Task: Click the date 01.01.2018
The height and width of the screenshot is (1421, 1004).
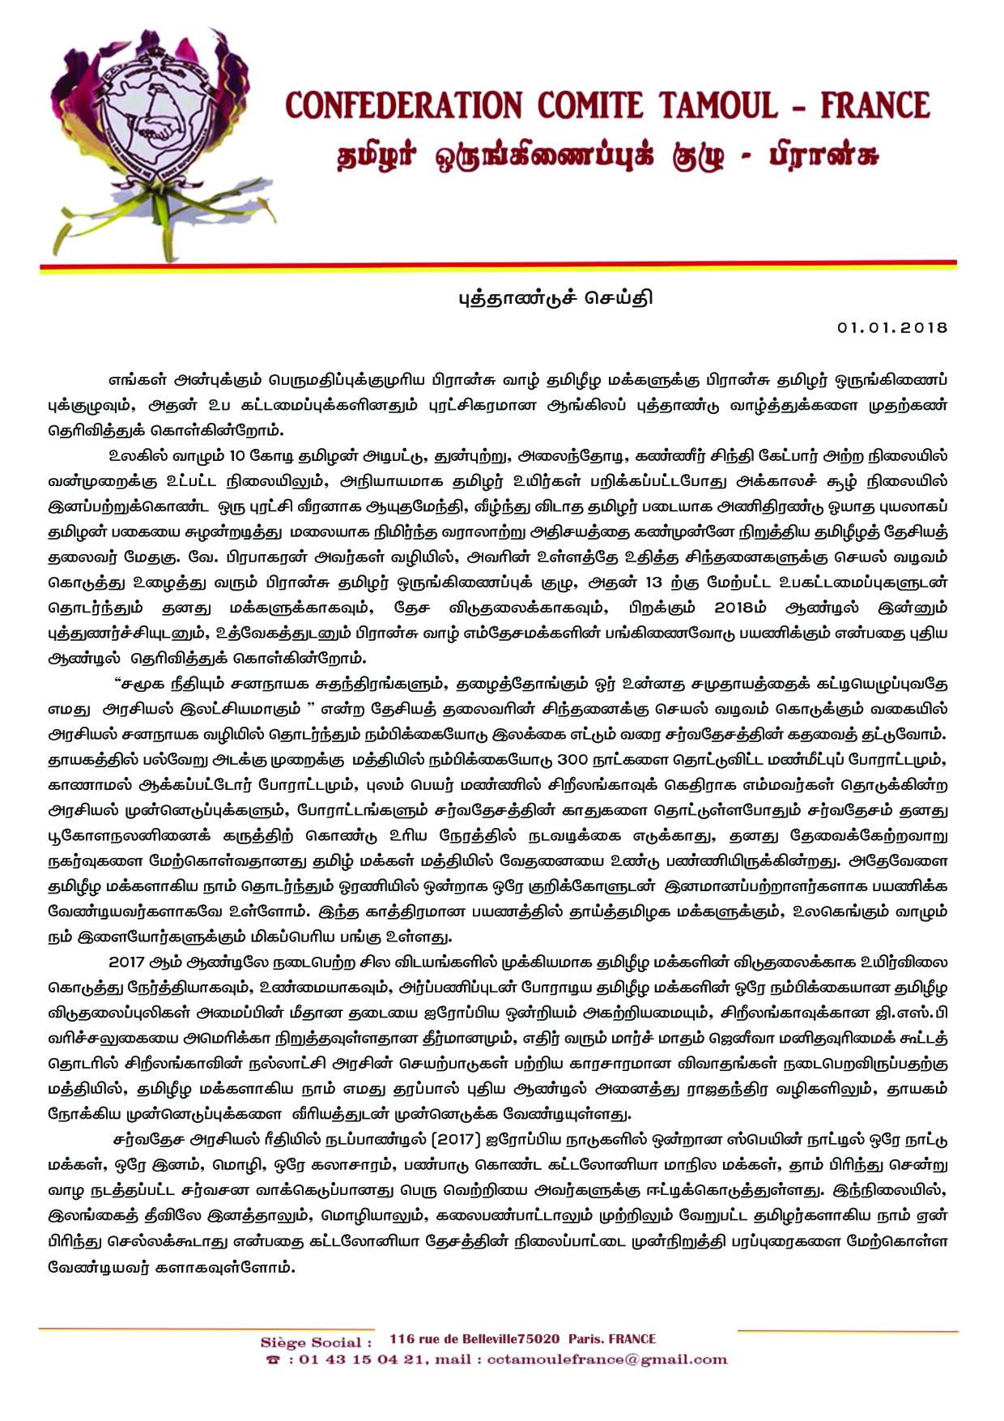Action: click(x=892, y=327)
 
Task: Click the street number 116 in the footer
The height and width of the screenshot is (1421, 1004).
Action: click(x=402, y=1339)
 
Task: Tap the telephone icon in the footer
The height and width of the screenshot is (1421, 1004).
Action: click(x=274, y=1360)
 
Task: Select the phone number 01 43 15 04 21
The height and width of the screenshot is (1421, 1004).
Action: click(x=361, y=1360)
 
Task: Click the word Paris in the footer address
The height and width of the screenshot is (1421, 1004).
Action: click(x=584, y=1339)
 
